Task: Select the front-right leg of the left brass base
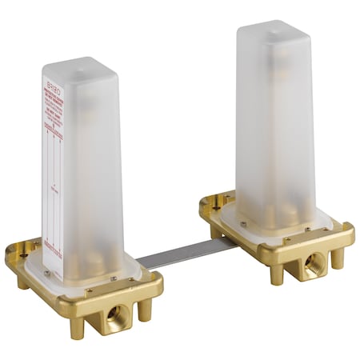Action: click(145, 310)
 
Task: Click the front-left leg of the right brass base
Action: click(276, 274)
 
